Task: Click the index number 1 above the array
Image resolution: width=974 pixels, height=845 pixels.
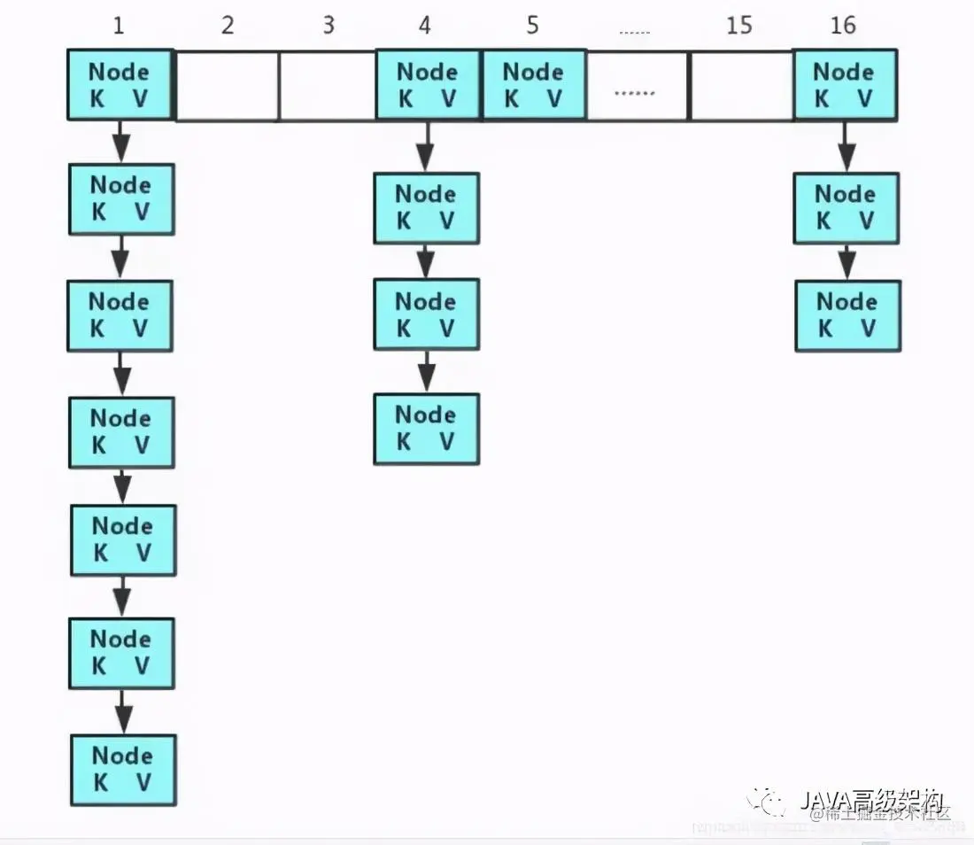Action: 119,25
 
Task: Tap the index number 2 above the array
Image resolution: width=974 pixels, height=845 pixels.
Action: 228,25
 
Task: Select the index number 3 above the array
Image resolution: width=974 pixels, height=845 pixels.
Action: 329,25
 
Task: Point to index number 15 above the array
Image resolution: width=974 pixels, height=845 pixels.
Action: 738,25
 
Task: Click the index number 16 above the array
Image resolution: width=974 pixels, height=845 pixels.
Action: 843,25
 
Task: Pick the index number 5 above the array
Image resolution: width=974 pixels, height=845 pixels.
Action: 532,25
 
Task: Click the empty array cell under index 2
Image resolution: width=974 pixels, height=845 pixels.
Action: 228,85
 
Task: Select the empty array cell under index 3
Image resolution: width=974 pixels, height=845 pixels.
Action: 328,85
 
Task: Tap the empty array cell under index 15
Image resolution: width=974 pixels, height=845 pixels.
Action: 741,85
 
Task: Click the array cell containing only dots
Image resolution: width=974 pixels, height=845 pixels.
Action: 637,85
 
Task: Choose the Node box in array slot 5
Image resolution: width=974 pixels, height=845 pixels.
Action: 533,85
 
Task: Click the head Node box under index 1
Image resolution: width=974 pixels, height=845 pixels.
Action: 120,85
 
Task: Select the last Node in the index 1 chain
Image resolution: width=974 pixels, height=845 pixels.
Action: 123,769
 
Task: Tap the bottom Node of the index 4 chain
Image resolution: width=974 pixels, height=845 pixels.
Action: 426,428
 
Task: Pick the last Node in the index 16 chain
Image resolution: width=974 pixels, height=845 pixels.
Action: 847,315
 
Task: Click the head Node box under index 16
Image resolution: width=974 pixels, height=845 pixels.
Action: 845,85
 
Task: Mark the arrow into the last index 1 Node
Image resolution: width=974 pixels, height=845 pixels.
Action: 124,711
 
